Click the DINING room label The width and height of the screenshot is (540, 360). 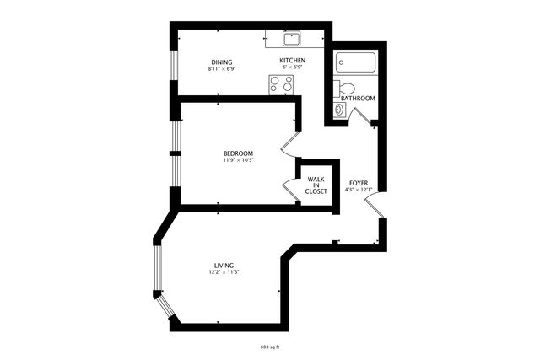pos(222,62)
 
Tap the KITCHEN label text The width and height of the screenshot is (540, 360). pos(292,62)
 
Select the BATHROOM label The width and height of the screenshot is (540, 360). pos(358,98)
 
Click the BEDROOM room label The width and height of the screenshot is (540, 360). pos(238,153)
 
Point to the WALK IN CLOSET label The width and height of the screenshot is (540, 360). pos(316,185)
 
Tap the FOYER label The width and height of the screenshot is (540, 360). pos(359,182)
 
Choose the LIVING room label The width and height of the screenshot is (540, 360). pos(224,266)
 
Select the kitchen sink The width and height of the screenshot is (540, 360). pos(292,38)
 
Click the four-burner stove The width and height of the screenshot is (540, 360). pos(281,83)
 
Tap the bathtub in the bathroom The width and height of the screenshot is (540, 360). pos(356,63)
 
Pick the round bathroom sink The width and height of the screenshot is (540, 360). pos(340,109)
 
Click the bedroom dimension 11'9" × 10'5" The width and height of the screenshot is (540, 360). pos(238,160)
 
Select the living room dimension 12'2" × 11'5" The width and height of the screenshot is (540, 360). pos(224,272)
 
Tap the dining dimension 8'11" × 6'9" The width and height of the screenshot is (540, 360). pos(222,68)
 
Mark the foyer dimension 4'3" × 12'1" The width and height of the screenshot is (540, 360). pos(359,189)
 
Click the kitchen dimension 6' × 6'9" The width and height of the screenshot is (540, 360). pos(292,68)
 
